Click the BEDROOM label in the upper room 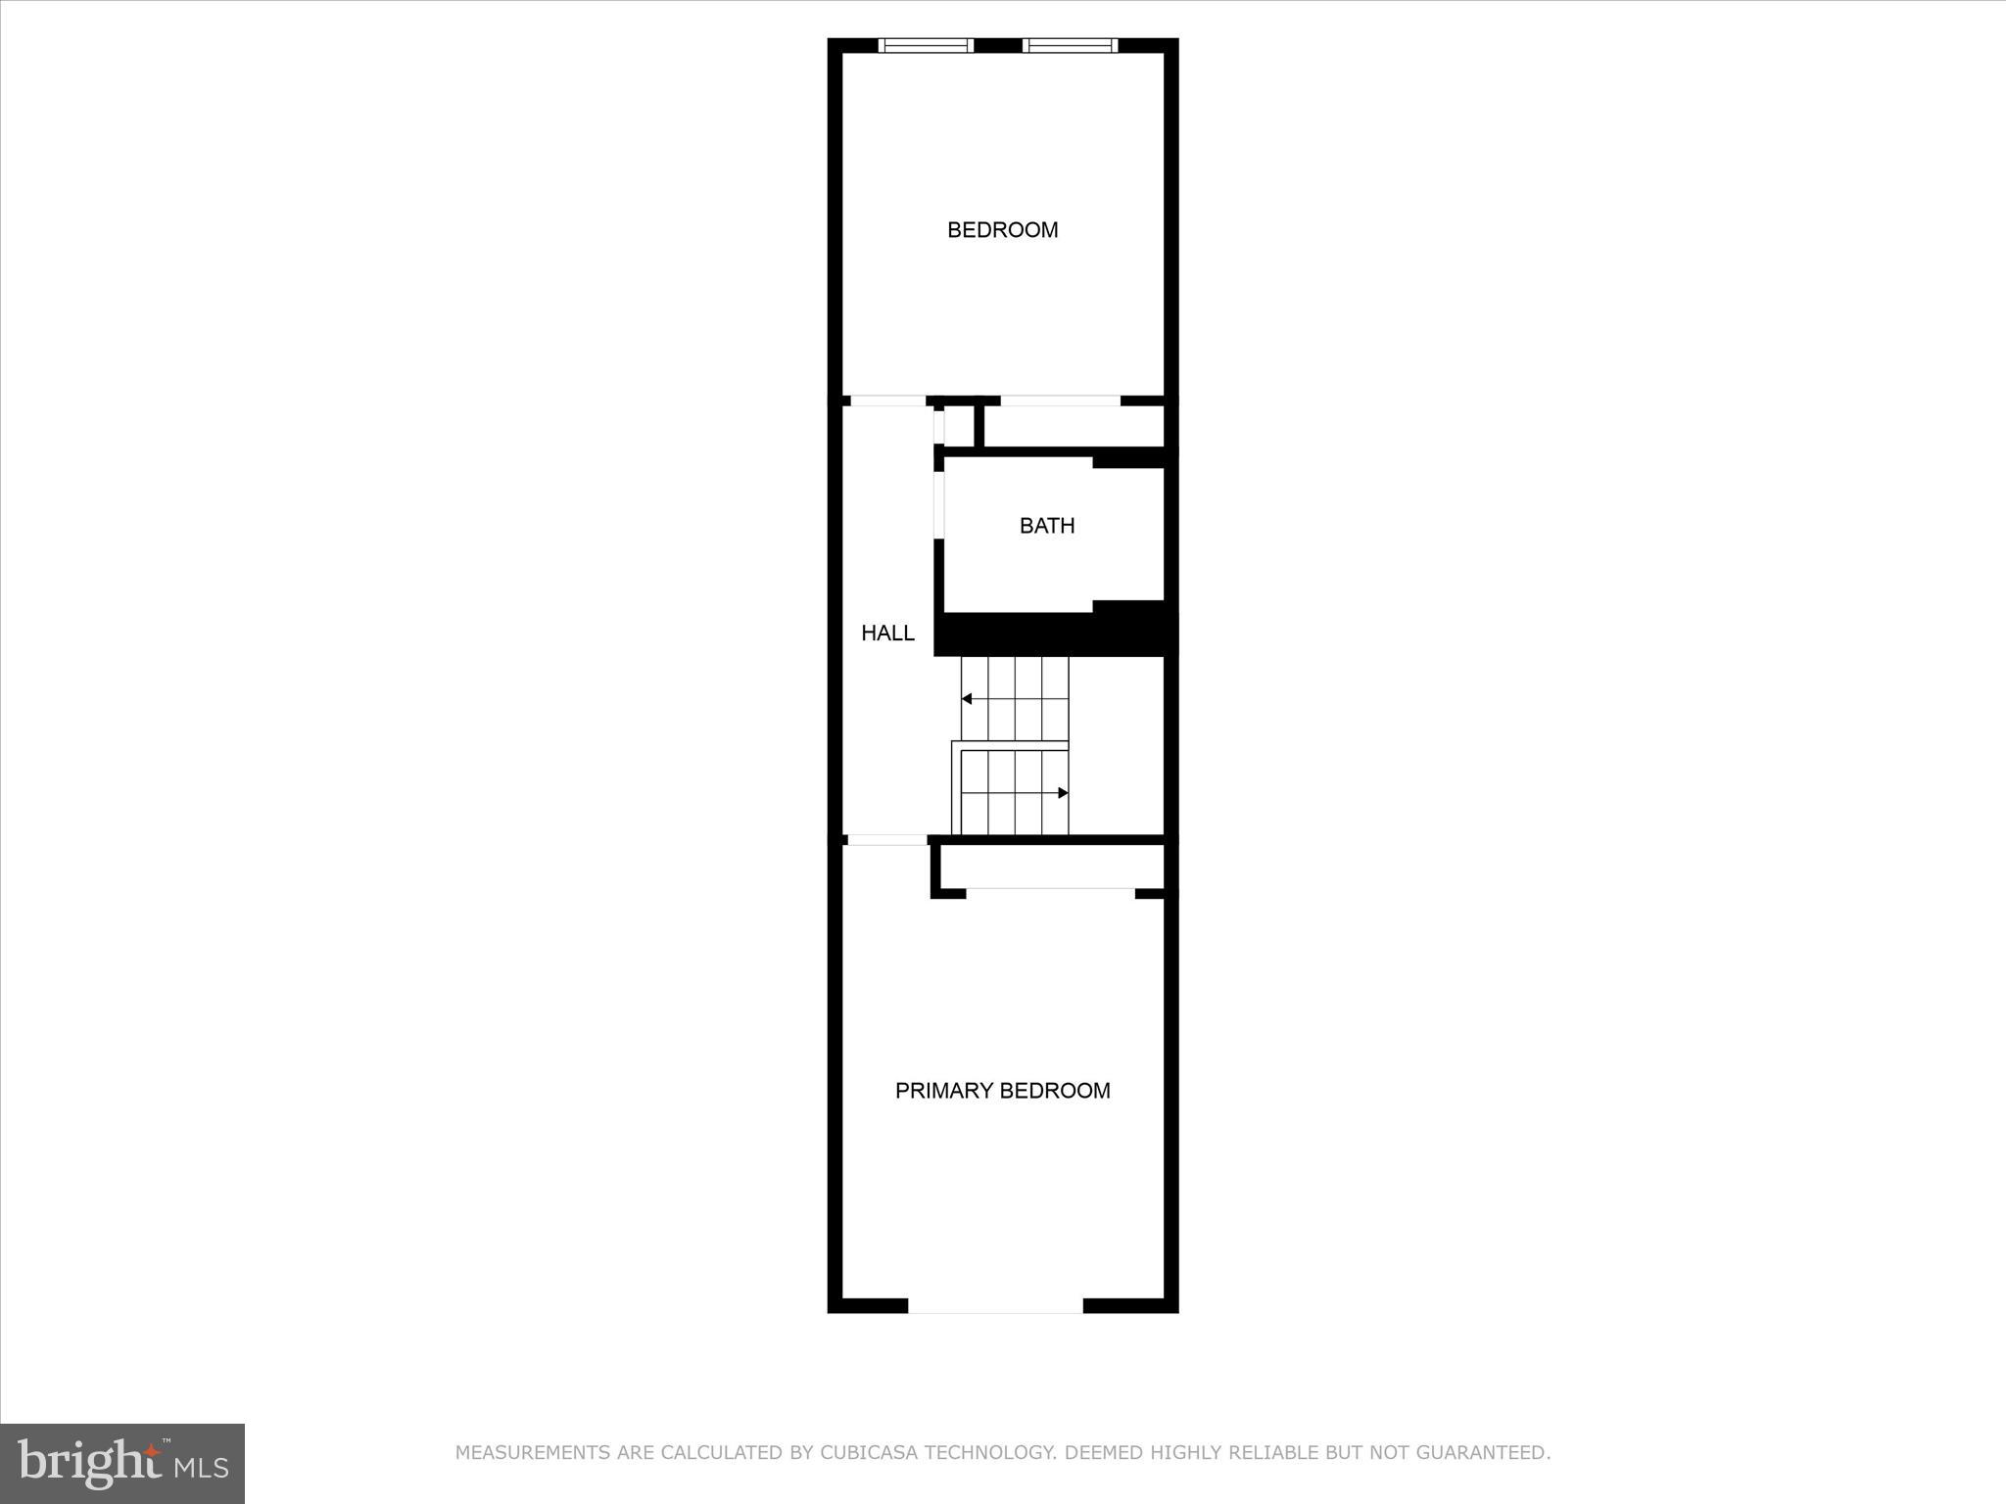coord(1002,230)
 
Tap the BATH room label coord(1047,526)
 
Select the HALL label coord(887,634)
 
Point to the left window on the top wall coord(926,45)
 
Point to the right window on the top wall coord(1070,45)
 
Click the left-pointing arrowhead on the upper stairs coord(967,699)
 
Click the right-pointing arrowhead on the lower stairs coord(1063,793)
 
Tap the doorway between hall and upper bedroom coord(887,400)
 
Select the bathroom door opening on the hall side coord(939,505)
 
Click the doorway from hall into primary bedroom coord(886,840)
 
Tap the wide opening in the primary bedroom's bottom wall coord(995,1305)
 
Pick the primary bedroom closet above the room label coord(1051,866)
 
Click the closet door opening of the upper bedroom coord(1060,400)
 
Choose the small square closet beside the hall coord(958,426)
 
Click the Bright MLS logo coord(122,1463)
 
